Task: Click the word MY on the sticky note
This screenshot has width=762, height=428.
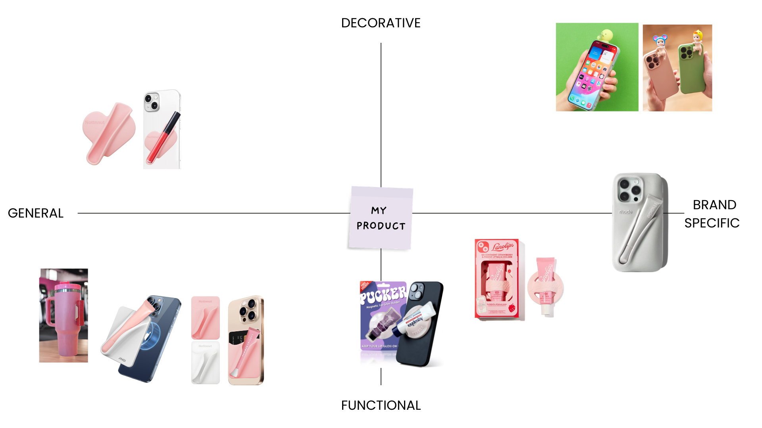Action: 379,210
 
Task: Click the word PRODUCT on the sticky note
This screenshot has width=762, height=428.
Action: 381,226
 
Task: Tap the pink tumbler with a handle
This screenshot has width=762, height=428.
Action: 63,317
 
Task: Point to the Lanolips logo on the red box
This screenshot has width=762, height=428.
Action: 503,246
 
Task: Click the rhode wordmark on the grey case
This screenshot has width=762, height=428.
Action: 625,212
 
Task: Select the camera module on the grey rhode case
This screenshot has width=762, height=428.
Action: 629,189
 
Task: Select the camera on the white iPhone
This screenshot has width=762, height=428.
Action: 151,101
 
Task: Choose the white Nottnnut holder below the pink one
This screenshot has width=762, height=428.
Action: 205,362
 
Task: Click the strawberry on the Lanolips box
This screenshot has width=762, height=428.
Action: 512,308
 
